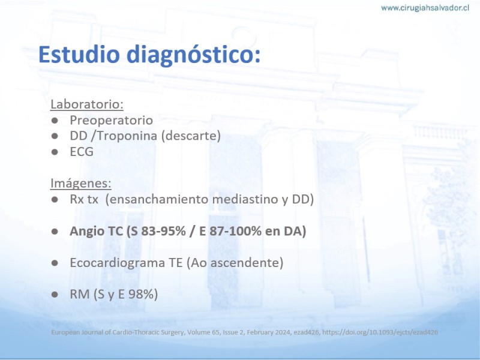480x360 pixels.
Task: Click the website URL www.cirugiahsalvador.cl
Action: (425, 8)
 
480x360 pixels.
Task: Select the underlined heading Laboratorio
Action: (86, 104)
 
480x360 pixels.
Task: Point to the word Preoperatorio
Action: (112, 121)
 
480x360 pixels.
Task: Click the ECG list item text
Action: (82, 152)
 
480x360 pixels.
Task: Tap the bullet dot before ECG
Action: (55, 152)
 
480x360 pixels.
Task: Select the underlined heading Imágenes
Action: (81, 183)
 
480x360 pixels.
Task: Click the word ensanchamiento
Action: (159, 199)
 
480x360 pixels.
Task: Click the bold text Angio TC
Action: (97, 232)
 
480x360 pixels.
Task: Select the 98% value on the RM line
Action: (143, 294)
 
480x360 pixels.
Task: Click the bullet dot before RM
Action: (55, 295)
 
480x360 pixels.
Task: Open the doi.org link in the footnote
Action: (380, 332)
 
